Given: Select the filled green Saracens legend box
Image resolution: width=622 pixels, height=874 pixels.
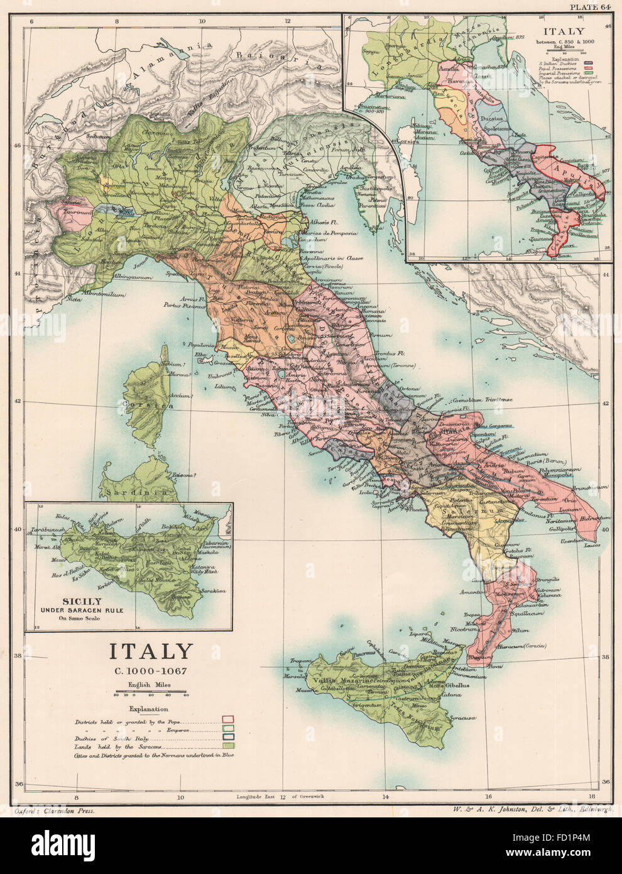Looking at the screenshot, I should [228, 744].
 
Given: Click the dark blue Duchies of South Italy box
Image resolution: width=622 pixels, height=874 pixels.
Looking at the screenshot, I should [228, 736].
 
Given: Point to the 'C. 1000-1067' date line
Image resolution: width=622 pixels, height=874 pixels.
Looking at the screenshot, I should [151, 670].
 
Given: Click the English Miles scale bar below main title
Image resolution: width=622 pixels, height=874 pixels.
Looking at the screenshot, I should [151, 694].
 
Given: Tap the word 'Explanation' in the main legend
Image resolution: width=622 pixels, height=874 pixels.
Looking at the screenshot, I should [151, 709].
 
